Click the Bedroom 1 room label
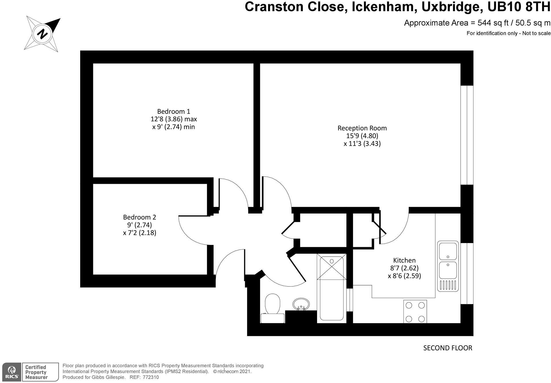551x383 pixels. [174, 111]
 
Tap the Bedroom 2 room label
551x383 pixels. [139, 217]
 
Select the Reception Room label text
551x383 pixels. [362, 128]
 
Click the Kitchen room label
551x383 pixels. [404, 260]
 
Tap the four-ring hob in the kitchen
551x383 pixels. [415, 312]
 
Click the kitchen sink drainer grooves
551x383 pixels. [448, 285]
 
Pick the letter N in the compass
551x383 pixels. [43, 34]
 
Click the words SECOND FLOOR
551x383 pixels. [447, 348]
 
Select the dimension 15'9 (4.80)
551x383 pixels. [362, 136]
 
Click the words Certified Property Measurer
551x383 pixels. [36, 372]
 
